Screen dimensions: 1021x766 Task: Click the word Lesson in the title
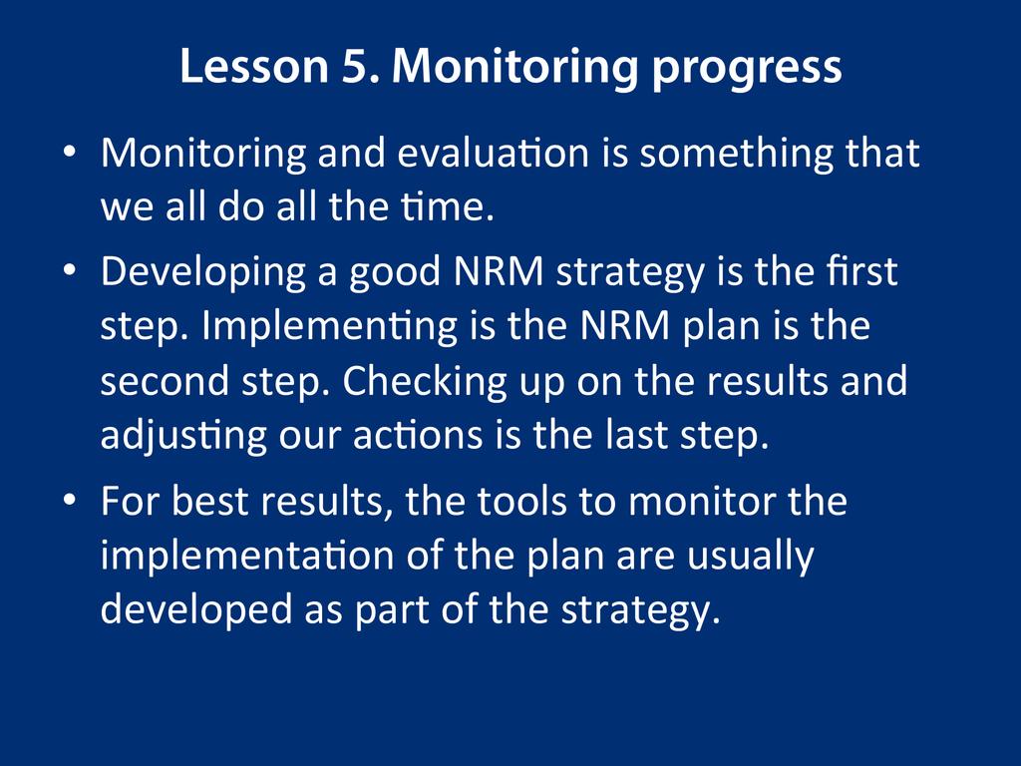[x=254, y=66]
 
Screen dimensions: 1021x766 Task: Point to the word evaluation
[x=493, y=153]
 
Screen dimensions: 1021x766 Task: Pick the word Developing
[x=203, y=273]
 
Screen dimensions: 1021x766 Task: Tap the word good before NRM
[x=395, y=273]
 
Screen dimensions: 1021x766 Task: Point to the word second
[x=165, y=380]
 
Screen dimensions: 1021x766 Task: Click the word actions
[x=418, y=435]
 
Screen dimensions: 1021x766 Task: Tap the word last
[x=636, y=434]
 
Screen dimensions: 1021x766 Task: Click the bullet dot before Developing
[x=70, y=269]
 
